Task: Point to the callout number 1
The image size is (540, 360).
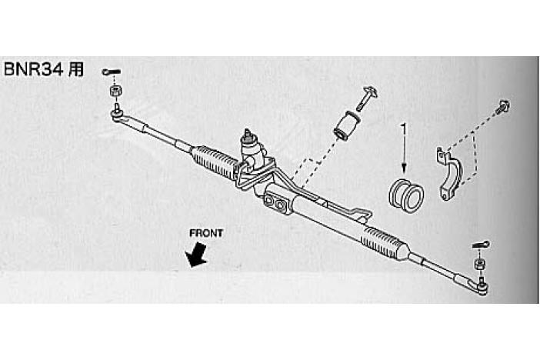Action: tap(402, 130)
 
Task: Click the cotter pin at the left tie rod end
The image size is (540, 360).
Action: tap(110, 73)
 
